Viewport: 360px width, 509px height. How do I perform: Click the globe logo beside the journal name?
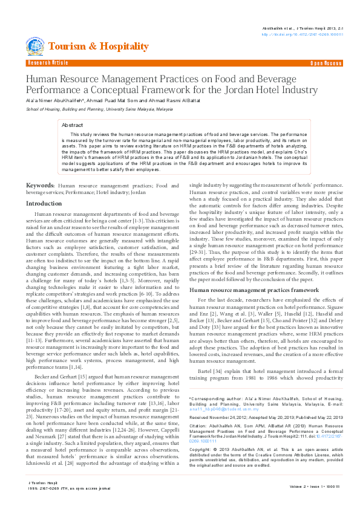34,46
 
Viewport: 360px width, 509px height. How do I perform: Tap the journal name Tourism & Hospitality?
98,47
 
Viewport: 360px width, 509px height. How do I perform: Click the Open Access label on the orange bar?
326,63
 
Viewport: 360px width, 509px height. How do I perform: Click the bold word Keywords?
40,185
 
